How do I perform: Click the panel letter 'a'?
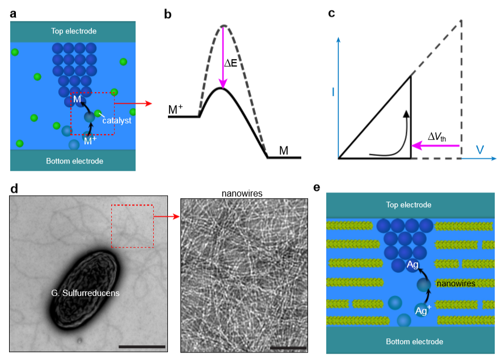pyautogui.click(x=13, y=14)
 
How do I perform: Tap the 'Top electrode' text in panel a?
pyautogui.click(x=74, y=31)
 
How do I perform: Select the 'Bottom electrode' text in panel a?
pyautogui.click(x=74, y=161)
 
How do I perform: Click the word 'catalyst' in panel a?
pyautogui.click(x=117, y=120)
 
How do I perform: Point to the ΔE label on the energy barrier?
pyautogui.click(x=230, y=63)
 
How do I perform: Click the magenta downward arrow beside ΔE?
pyautogui.click(x=223, y=57)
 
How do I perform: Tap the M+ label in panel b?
pyautogui.click(x=175, y=109)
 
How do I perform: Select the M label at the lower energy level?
pyautogui.click(x=284, y=150)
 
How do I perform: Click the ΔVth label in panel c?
pyautogui.click(x=437, y=137)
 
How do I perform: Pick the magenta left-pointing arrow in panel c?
pyautogui.click(x=436, y=146)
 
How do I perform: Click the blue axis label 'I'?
pyautogui.click(x=333, y=92)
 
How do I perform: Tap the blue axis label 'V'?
pyautogui.click(x=479, y=150)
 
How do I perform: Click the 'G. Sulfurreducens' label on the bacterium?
pyautogui.click(x=85, y=293)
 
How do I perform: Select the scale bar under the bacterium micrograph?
pyautogui.click(x=142, y=346)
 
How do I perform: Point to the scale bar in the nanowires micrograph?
pyautogui.click(x=288, y=348)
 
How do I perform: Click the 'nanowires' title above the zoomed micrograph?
pyautogui.click(x=242, y=194)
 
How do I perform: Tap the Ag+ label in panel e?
pyautogui.click(x=423, y=310)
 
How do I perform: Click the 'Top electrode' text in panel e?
pyautogui.click(x=409, y=204)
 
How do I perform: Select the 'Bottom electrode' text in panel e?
pyautogui.click(x=414, y=341)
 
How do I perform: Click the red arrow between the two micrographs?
pyautogui.click(x=166, y=217)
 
